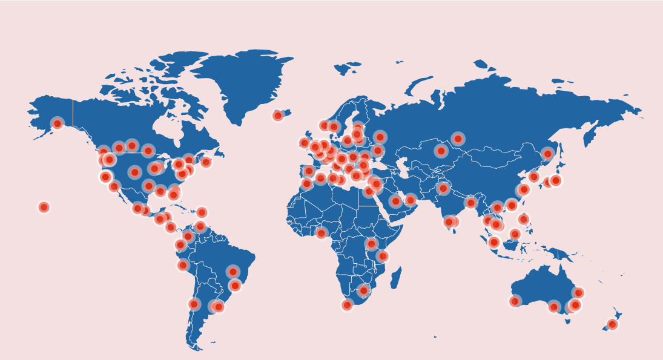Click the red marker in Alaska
coord(58,123)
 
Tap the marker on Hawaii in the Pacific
coord(44,208)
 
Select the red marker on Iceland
coord(278,116)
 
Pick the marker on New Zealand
coord(612,324)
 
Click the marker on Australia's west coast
coord(515,301)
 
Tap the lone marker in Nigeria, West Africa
coord(322,233)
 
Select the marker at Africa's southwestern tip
coord(347,305)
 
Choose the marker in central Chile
coord(194,304)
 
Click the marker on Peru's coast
coord(183,265)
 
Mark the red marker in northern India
coord(443,188)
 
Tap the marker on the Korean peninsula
coord(534,177)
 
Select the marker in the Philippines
coord(523,219)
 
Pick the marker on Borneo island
coord(515,234)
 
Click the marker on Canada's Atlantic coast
coord(206,162)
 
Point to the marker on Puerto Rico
coord(202,212)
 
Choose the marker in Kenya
coord(372,244)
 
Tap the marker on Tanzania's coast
coord(383,256)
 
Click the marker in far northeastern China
coord(547,154)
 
